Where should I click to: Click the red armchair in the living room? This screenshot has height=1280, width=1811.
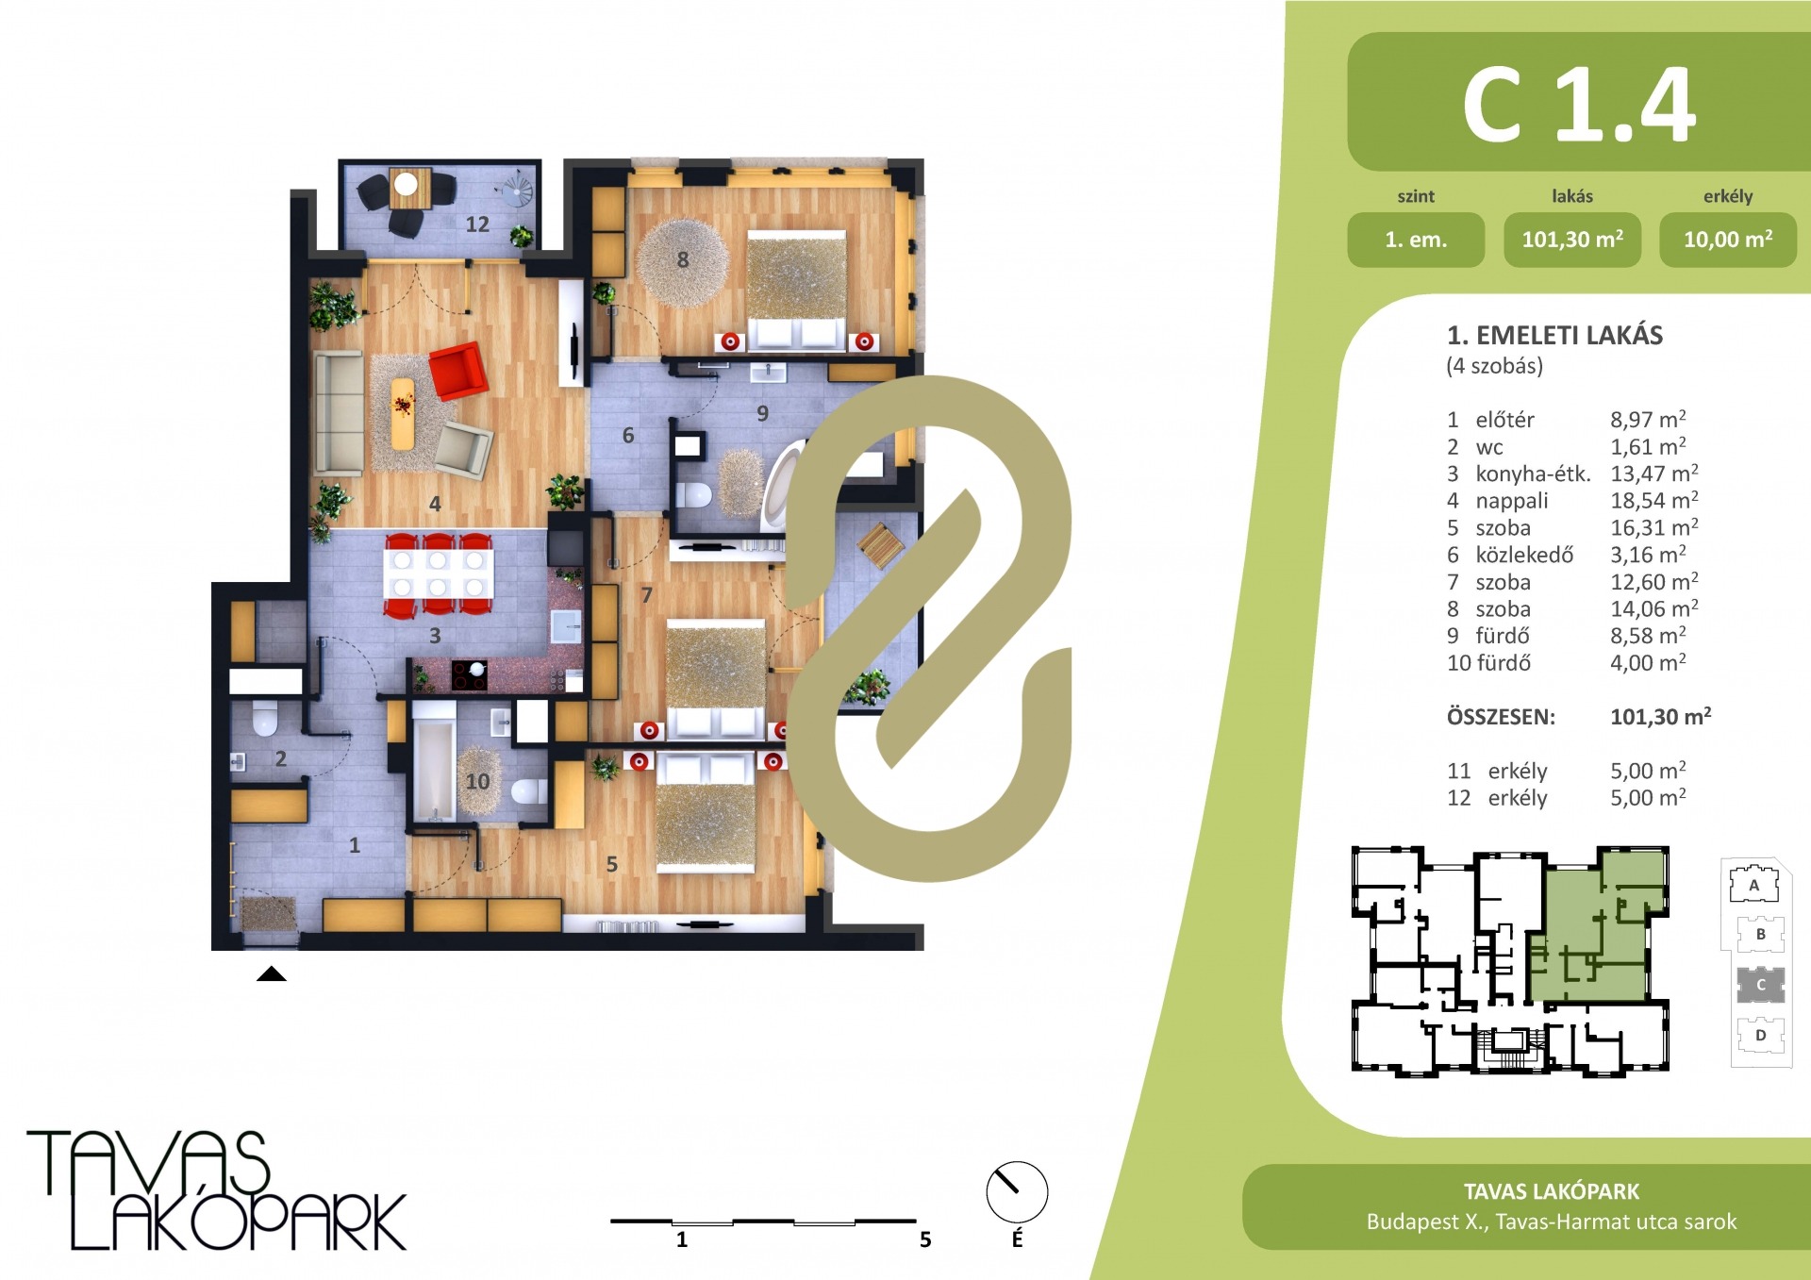(x=458, y=370)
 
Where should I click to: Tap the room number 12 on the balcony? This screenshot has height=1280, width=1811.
(x=477, y=224)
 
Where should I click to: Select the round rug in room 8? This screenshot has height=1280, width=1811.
(x=682, y=262)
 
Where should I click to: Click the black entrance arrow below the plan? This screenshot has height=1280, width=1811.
(x=272, y=973)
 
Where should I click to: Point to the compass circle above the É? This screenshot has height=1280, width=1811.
(x=1017, y=1192)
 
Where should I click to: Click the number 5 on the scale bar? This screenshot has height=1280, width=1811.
(x=925, y=1239)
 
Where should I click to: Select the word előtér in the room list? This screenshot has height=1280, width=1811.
(x=1504, y=420)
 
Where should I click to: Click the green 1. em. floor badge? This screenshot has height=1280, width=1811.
(x=1416, y=240)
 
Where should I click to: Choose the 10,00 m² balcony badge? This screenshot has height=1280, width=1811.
(x=1728, y=240)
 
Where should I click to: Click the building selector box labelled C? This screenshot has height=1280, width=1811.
(x=1760, y=985)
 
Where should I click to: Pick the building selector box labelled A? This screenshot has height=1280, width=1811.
(x=1753, y=885)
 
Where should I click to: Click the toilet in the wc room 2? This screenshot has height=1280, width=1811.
(x=265, y=719)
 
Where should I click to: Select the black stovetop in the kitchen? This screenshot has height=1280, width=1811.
(x=469, y=674)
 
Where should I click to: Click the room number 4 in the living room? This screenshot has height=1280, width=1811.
(x=435, y=504)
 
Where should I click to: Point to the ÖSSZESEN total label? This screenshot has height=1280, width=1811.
(x=1501, y=717)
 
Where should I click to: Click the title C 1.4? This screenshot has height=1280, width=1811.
(x=1579, y=105)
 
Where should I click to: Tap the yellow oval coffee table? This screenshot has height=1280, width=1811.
(x=403, y=413)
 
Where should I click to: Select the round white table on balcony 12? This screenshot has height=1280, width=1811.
(x=406, y=183)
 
